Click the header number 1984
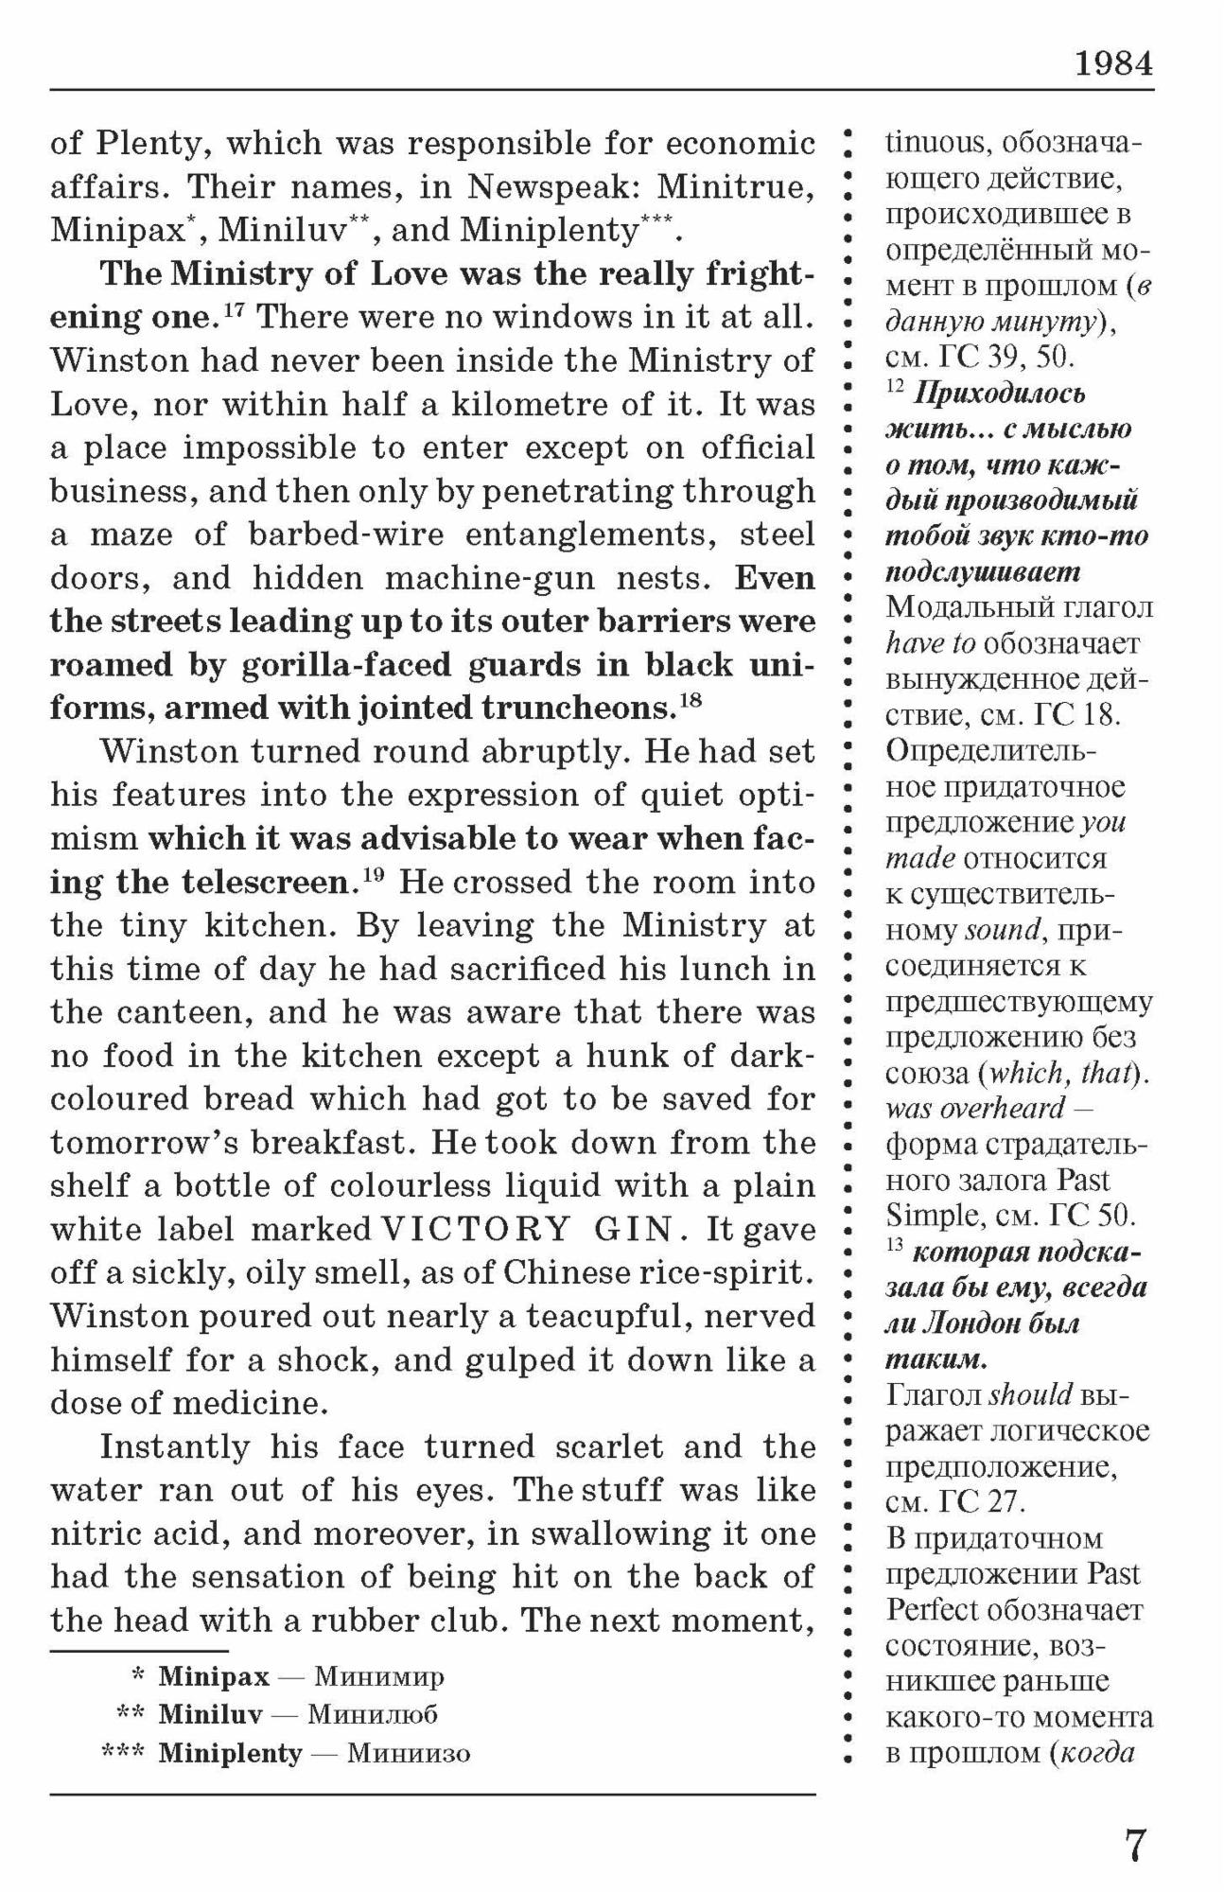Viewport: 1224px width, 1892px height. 1113,63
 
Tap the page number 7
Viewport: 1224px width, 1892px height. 1135,1845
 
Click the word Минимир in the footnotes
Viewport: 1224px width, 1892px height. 378,1677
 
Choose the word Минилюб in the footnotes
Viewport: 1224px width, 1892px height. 373,1714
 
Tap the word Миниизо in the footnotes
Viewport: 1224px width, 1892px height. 409,1753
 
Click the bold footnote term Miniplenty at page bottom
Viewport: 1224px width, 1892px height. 230,1753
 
